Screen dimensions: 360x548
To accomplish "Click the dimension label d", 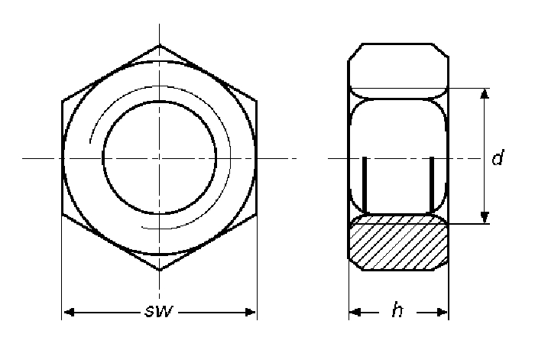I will [498, 159].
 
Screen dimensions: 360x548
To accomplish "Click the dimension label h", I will [397, 310].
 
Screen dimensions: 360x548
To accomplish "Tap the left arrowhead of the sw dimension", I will [67, 312].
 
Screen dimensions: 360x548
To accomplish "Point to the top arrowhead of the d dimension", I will [484, 93].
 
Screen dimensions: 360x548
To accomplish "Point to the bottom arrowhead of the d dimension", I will [484, 219].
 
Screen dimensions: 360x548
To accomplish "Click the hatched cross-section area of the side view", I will [398, 242].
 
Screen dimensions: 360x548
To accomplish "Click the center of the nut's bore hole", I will [160, 159].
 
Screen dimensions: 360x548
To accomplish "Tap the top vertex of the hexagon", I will [160, 46].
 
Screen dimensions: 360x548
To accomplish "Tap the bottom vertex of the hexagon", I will [160, 271].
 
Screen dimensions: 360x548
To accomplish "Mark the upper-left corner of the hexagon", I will [61, 102].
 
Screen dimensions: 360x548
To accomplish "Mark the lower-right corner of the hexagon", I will [257, 216].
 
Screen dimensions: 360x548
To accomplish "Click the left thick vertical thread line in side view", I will [365, 186].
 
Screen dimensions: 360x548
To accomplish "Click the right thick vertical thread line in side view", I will [433, 186].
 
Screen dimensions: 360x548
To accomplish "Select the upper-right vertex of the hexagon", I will [257, 102].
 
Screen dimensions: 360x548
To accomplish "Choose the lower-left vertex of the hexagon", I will [61, 216].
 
